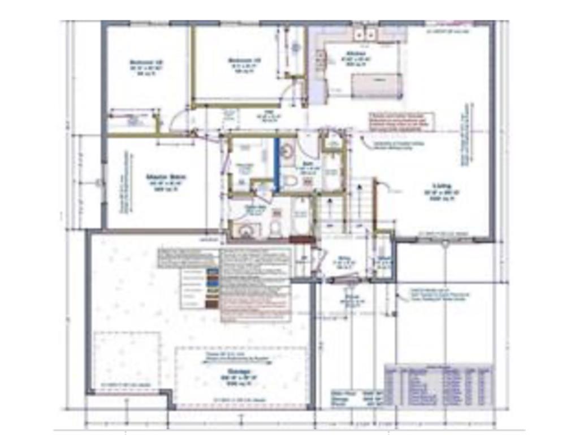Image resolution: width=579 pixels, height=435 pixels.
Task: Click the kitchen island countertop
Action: click(377, 85)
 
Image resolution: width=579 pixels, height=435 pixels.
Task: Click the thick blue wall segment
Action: click(276, 164)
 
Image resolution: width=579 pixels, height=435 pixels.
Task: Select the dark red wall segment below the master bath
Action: click(302, 239)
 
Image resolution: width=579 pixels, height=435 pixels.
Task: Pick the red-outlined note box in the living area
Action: click(401, 121)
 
